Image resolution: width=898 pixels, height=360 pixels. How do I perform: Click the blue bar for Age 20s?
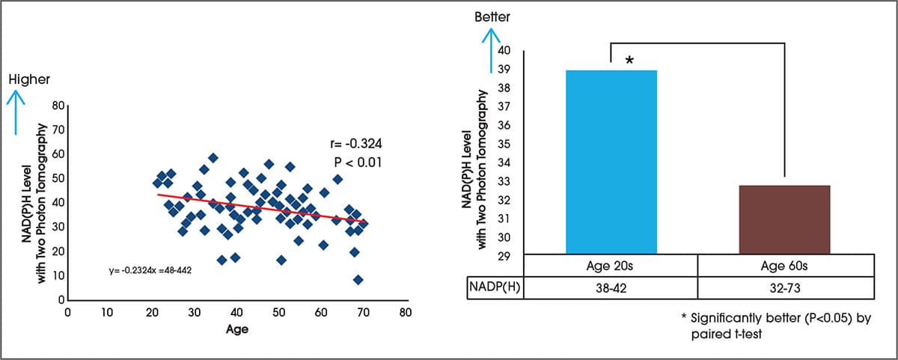click(611, 162)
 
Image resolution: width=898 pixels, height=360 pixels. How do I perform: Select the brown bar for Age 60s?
click(784, 220)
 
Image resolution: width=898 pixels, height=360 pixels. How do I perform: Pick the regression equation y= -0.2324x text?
click(150, 268)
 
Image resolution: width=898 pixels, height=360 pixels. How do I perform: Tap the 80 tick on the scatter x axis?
click(404, 313)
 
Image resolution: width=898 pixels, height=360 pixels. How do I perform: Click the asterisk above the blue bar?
click(629, 60)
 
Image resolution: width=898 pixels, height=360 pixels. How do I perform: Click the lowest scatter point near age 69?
click(358, 280)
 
